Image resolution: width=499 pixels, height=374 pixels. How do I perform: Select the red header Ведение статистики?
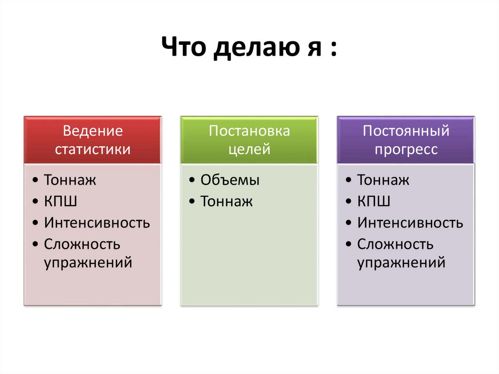tap(93, 140)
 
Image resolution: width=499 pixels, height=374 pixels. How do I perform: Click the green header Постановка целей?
tap(249, 140)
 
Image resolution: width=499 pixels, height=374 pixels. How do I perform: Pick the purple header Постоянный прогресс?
tap(405, 140)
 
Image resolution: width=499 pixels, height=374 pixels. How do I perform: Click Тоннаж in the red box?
tap(70, 180)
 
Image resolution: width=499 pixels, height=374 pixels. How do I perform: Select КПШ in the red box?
tap(61, 201)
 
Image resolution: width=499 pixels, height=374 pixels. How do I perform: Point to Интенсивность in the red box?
tap(97, 223)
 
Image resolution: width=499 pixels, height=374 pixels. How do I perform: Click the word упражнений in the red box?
tap(88, 263)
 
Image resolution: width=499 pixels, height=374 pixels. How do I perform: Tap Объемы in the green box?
tap(230, 180)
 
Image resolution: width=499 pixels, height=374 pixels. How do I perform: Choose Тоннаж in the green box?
tap(227, 201)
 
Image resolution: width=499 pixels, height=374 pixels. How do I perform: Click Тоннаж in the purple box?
tap(383, 180)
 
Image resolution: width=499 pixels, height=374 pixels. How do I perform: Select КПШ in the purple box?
tap(374, 201)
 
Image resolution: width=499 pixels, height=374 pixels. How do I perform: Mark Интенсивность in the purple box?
tap(410, 223)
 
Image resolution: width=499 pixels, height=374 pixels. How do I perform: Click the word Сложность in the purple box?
tap(395, 243)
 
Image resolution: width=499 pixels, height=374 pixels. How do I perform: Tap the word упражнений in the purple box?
tap(401, 263)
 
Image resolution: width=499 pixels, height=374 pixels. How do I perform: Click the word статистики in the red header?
tap(93, 149)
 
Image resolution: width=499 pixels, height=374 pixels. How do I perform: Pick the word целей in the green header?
tap(249, 149)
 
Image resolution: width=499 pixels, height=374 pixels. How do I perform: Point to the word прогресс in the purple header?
tap(405, 149)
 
